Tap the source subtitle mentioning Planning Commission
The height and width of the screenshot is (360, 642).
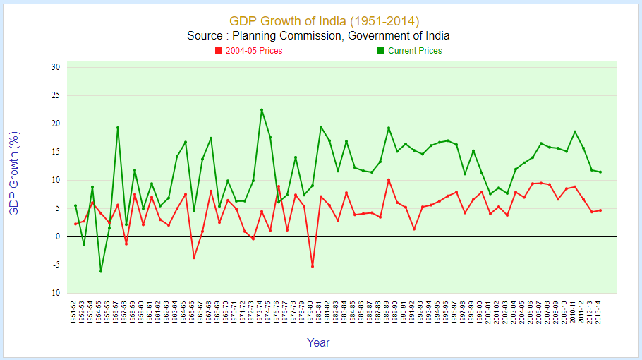[x=318, y=36]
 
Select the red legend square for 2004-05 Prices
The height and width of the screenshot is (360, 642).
[x=219, y=51]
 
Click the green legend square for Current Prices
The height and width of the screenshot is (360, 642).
[x=381, y=51]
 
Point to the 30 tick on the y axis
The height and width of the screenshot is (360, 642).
[x=55, y=67]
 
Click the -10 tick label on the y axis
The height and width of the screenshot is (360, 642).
[x=54, y=293]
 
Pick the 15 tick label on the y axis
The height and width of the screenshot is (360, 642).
[x=55, y=152]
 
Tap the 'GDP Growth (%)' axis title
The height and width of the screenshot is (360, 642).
[x=14, y=173]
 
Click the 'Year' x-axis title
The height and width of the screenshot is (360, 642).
[x=318, y=343]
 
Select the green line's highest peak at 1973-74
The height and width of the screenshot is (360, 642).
[x=262, y=109]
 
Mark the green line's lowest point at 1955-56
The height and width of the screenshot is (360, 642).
[x=101, y=271]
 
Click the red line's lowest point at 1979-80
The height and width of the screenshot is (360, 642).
[x=313, y=266]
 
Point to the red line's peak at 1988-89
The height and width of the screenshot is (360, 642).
[x=389, y=180]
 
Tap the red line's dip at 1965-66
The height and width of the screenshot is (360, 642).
[x=194, y=258]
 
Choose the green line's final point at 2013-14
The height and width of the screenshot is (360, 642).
[x=600, y=172]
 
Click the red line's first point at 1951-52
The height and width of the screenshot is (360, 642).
[x=75, y=224]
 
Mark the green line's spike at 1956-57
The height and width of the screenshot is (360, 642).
[x=118, y=128]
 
